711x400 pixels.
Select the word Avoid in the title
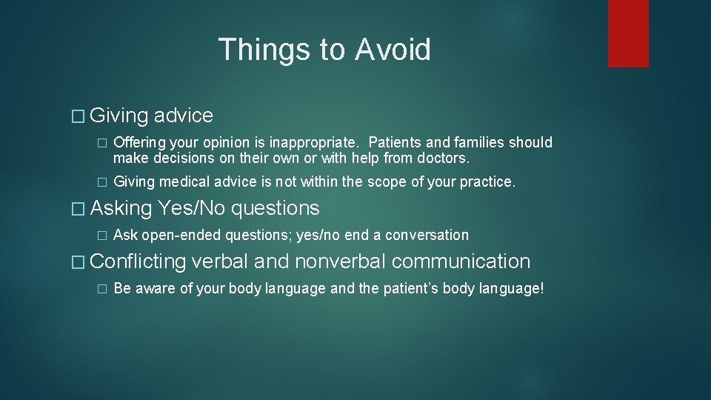393,50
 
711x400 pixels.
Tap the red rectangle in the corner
628,33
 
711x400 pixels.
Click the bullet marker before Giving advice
81,116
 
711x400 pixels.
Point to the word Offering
139,142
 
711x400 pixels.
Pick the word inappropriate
317,142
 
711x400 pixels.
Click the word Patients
397,142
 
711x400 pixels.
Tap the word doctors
443,159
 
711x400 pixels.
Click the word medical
182,182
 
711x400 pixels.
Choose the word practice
485,182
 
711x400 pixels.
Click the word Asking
121,209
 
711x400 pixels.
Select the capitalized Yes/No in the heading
191,209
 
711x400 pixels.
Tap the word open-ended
181,236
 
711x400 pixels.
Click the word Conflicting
138,261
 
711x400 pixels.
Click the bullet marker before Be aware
103,289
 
